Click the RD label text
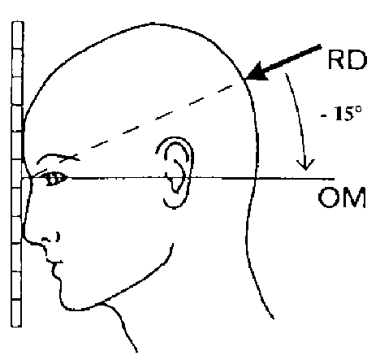(x=348, y=59)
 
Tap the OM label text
(x=342, y=197)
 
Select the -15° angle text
(x=341, y=114)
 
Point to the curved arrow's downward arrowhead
(x=305, y=165)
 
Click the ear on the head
(x=175, y=172)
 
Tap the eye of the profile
(x=55, y=179)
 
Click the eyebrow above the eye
(x=57, y=158)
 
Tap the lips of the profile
(x=55, y=267)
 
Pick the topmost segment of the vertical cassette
(x=17, y=35)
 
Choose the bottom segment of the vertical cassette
(x=16, y=313)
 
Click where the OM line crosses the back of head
(x=255, y=179)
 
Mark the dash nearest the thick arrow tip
(x=225, y=89)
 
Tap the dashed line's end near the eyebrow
(x=61, y=161)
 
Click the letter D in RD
(x=358, y=60)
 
